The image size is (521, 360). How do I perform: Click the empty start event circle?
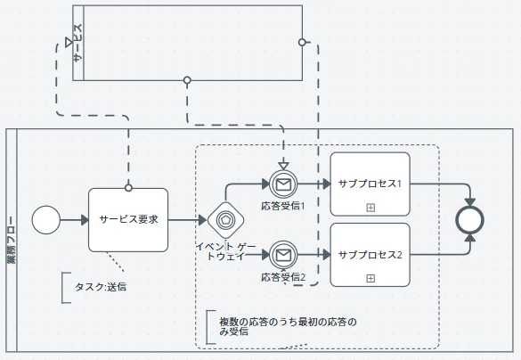click(x=46, y=220)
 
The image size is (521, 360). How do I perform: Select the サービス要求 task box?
click(x=128, y=220)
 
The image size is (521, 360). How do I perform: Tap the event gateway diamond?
click(x=225, y=220)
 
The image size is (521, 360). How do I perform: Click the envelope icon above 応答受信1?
click(x=283, y=184)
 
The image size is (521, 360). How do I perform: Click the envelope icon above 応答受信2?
click(x=283, y=255)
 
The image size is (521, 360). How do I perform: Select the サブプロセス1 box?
click(x=370, y=184)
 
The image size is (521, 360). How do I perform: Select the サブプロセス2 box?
click(x=370, y=255)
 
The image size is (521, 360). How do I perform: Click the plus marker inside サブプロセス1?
click(x=370, y=208)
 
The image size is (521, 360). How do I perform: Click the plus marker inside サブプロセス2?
click(x=370, y=278)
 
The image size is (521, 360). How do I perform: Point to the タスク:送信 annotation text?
click(x=101, y=287)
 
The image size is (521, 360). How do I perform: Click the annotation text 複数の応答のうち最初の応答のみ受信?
click(x=288, y=326)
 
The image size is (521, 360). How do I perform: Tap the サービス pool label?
click(x=77, y=43)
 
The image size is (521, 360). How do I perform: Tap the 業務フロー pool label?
click(x=12, y=240)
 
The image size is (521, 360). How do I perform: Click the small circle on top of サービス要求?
click(x=128, y=188)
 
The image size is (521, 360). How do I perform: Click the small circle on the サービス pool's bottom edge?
click(x=187, y=80)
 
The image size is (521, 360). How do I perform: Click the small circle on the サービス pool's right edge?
click(x=302, y=42)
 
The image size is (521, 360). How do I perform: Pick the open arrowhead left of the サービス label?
click(x=69, y=43)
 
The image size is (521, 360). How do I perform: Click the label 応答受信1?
click(x=282, y=206)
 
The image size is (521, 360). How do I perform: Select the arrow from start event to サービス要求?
click(x=75, y=220)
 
